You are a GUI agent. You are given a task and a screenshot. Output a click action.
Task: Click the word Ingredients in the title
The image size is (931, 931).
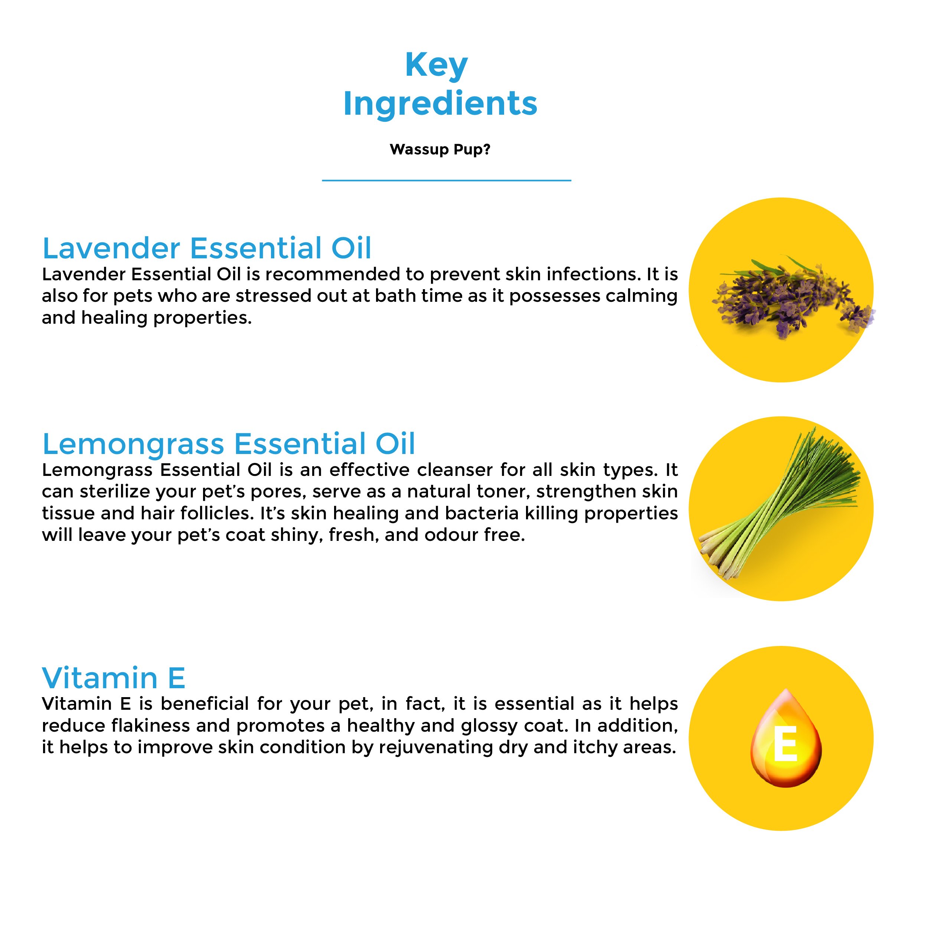[440, 104]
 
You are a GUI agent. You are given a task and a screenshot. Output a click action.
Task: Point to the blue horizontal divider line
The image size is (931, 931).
[446, 181]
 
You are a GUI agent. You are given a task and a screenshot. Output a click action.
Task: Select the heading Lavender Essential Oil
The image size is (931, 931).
[207, 248]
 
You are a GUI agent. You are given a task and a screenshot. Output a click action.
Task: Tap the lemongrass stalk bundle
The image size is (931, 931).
[779, 504]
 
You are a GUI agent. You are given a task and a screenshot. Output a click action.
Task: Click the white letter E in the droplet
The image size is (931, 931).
[785, 745]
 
